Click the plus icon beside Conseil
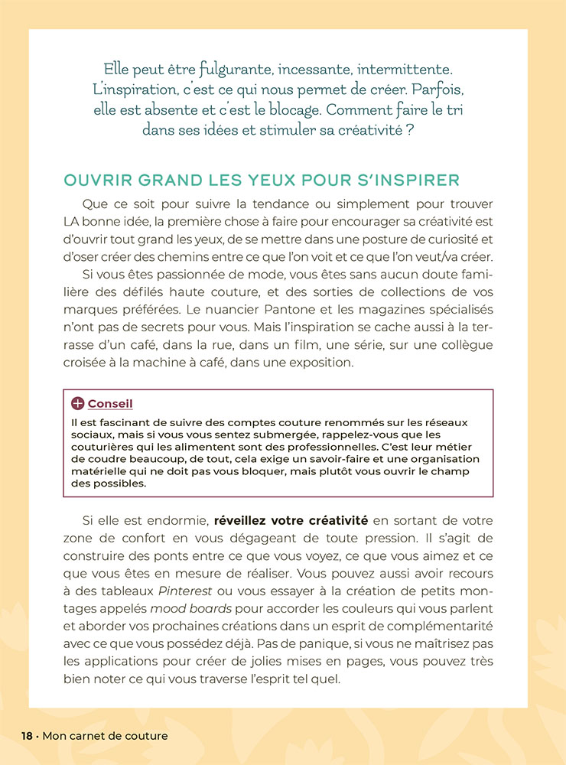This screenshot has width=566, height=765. coord(77,403)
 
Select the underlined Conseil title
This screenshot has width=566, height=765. coord(110,403)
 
